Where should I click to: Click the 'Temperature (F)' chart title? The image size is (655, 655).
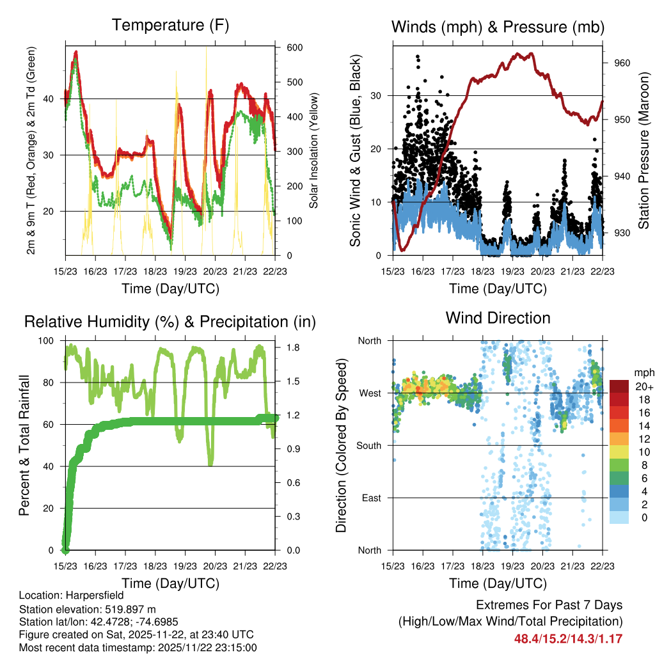point(170,26)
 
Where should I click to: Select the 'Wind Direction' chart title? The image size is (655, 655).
point(498,318)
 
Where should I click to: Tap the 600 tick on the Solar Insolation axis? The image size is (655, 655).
point(294,48)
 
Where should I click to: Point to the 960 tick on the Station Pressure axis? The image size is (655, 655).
point(623,63)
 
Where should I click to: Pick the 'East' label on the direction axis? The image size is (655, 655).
point(371,498)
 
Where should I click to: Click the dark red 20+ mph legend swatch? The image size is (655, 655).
point(619,386)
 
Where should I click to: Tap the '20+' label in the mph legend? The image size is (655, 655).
point(643,387)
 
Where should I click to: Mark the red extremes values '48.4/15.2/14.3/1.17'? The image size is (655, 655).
point(568,638)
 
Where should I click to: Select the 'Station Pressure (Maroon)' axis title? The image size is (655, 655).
point(644,151)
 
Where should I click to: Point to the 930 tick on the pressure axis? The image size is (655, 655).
point(623,233)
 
